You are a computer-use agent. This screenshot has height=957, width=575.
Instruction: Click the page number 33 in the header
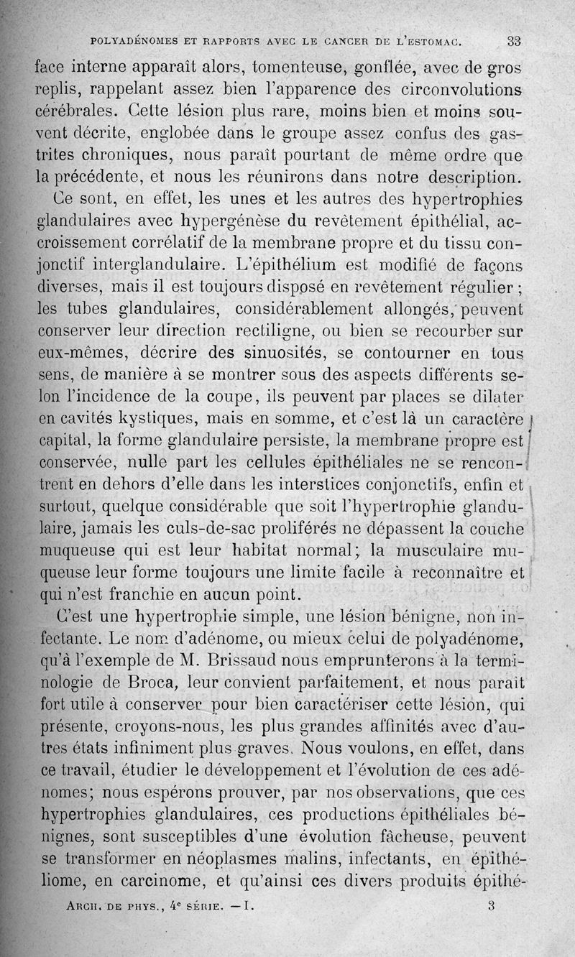pos(513,41)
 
